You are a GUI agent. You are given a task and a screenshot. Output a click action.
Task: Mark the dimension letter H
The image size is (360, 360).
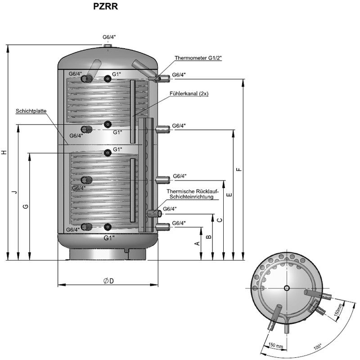tap(4, 152)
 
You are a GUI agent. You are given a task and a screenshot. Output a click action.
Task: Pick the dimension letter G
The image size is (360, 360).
tap(26, 206)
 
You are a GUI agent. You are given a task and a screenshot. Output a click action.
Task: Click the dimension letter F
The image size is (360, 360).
tap(239, 169)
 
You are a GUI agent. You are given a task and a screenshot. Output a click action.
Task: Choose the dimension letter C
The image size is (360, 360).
tap(219, 220)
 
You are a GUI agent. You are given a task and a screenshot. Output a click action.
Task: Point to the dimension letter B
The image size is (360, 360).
tap(208, 236)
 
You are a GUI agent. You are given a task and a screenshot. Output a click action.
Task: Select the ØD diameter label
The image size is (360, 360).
tap(108, 281)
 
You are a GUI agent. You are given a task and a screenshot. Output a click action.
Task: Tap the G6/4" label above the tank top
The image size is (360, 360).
tap(109, 37)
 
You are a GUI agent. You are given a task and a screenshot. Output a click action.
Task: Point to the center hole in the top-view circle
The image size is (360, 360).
tap(287, 288)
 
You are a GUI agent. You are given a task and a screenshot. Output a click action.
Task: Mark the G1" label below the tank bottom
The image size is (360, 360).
tap(109, 237)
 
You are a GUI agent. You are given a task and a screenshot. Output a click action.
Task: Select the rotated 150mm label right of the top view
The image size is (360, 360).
tap(340, 310)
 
